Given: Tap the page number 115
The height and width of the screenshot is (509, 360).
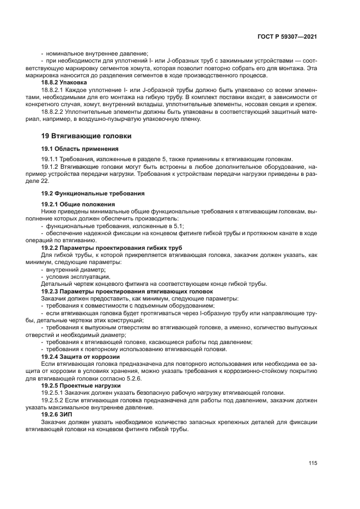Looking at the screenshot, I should point(312,463).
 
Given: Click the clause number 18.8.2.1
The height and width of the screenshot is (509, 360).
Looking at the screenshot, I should point(53,88).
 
